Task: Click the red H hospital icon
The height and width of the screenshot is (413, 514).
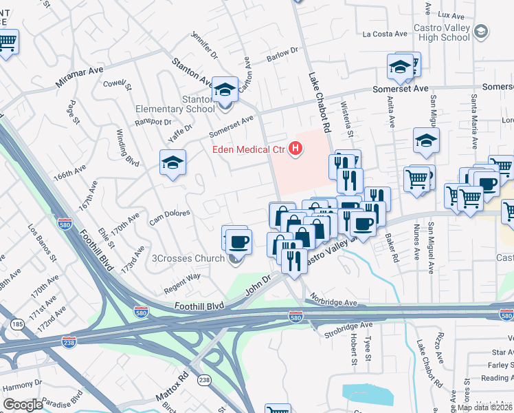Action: (296, 148)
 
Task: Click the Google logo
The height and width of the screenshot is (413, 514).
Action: (23, 404)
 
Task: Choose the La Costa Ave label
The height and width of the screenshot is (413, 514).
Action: (385, 33)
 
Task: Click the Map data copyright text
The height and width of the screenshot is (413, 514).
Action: (484, 407)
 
